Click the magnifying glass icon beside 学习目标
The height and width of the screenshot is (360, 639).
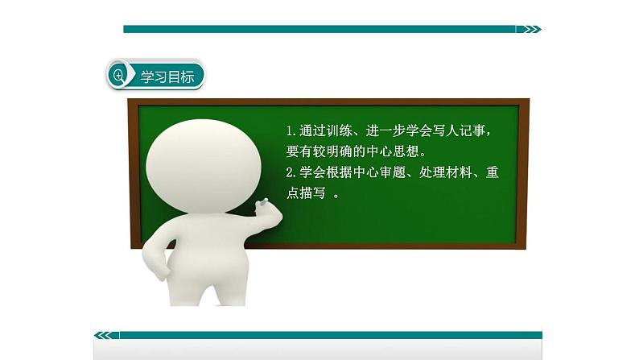[x=120, y=77]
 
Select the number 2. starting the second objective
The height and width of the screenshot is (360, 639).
[x=292, y=172]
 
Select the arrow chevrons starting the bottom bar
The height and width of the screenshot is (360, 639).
[x=105, y=335]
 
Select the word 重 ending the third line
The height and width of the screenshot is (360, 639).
[x=489, y=172]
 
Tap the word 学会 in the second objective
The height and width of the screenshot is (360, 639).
[x=310, y=172]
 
